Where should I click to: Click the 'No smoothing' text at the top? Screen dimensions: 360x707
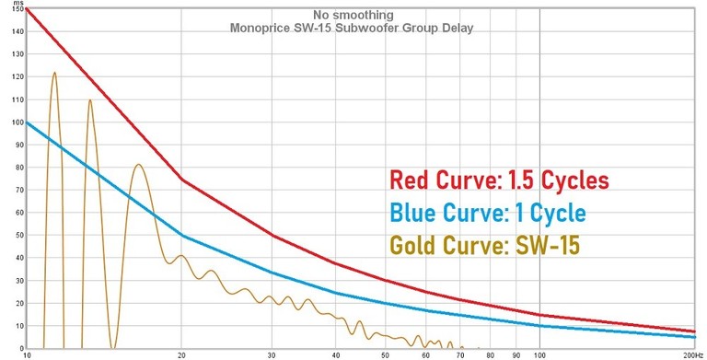pos(353,16)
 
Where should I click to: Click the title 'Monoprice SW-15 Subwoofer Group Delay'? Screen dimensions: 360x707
pos(353,29)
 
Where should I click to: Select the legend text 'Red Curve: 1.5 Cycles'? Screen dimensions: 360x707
pos(500,180)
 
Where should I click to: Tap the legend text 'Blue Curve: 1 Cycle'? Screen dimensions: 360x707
pos(487,213)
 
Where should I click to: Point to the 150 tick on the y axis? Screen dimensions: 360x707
pos(17,10)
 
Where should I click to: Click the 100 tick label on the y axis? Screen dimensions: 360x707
pos(17,122)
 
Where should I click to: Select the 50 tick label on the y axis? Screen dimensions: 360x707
pos(18,236)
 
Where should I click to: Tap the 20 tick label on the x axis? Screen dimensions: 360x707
pos(181,354)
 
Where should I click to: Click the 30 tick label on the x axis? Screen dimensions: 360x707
pos(272,354)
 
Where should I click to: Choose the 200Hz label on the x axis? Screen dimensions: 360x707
pos(691,354)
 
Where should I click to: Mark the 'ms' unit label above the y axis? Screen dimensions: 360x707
pos(17,3)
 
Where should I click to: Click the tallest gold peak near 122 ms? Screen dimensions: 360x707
pos(54,73)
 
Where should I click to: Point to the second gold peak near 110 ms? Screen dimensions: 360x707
pos(89,99)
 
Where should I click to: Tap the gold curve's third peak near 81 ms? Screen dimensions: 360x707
pos(138,165)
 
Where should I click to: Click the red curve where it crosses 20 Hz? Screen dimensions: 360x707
pos(181,180)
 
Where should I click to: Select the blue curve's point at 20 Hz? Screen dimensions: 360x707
pos(181,236)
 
